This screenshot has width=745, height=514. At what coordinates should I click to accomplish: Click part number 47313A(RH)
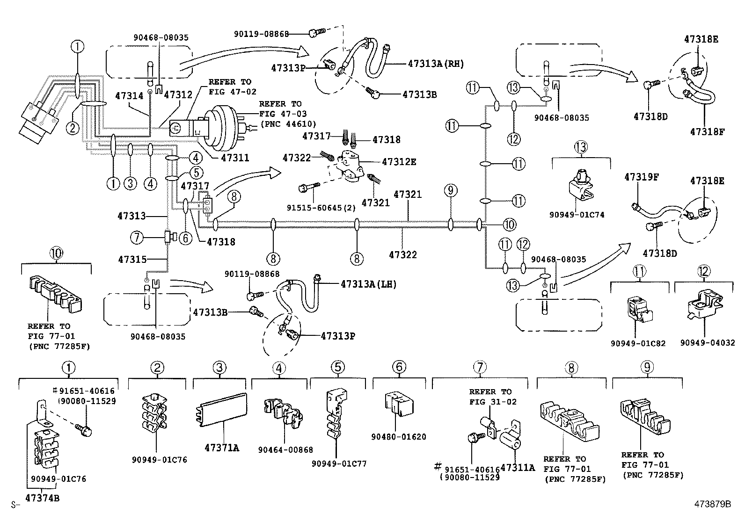436,64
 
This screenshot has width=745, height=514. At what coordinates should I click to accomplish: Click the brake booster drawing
222,124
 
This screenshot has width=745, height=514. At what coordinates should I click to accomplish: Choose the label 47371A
222,448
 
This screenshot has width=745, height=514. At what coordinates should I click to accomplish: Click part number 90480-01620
399,437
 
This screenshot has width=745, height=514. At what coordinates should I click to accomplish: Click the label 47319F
642,177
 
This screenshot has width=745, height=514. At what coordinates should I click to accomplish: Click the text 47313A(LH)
368,284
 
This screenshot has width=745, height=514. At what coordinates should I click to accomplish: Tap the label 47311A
517,467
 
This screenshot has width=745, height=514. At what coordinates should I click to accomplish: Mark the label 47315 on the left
132,259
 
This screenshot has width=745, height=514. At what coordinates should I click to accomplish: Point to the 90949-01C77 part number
339,464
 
